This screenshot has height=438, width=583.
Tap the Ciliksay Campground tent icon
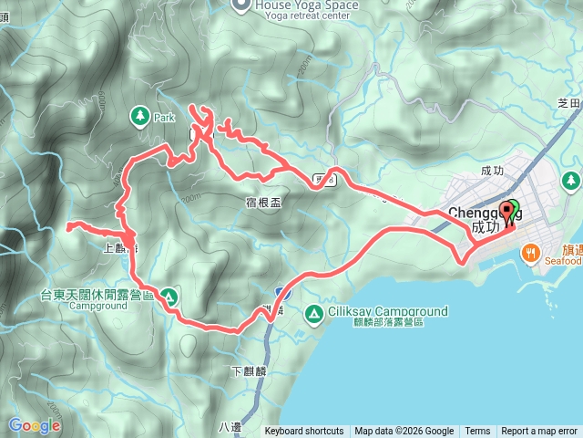[313, 313]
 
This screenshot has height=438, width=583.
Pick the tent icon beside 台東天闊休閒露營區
[169, 296]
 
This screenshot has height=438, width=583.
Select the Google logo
[35, 425]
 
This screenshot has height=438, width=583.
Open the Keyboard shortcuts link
[304, 432]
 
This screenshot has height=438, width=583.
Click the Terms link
[477, 432]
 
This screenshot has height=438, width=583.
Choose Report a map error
[539, 432]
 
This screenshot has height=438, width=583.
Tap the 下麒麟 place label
[247, 371]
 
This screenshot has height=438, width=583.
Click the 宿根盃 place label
[263, 203]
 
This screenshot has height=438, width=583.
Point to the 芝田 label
[568, 102]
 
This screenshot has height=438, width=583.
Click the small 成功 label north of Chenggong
[491, 170]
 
